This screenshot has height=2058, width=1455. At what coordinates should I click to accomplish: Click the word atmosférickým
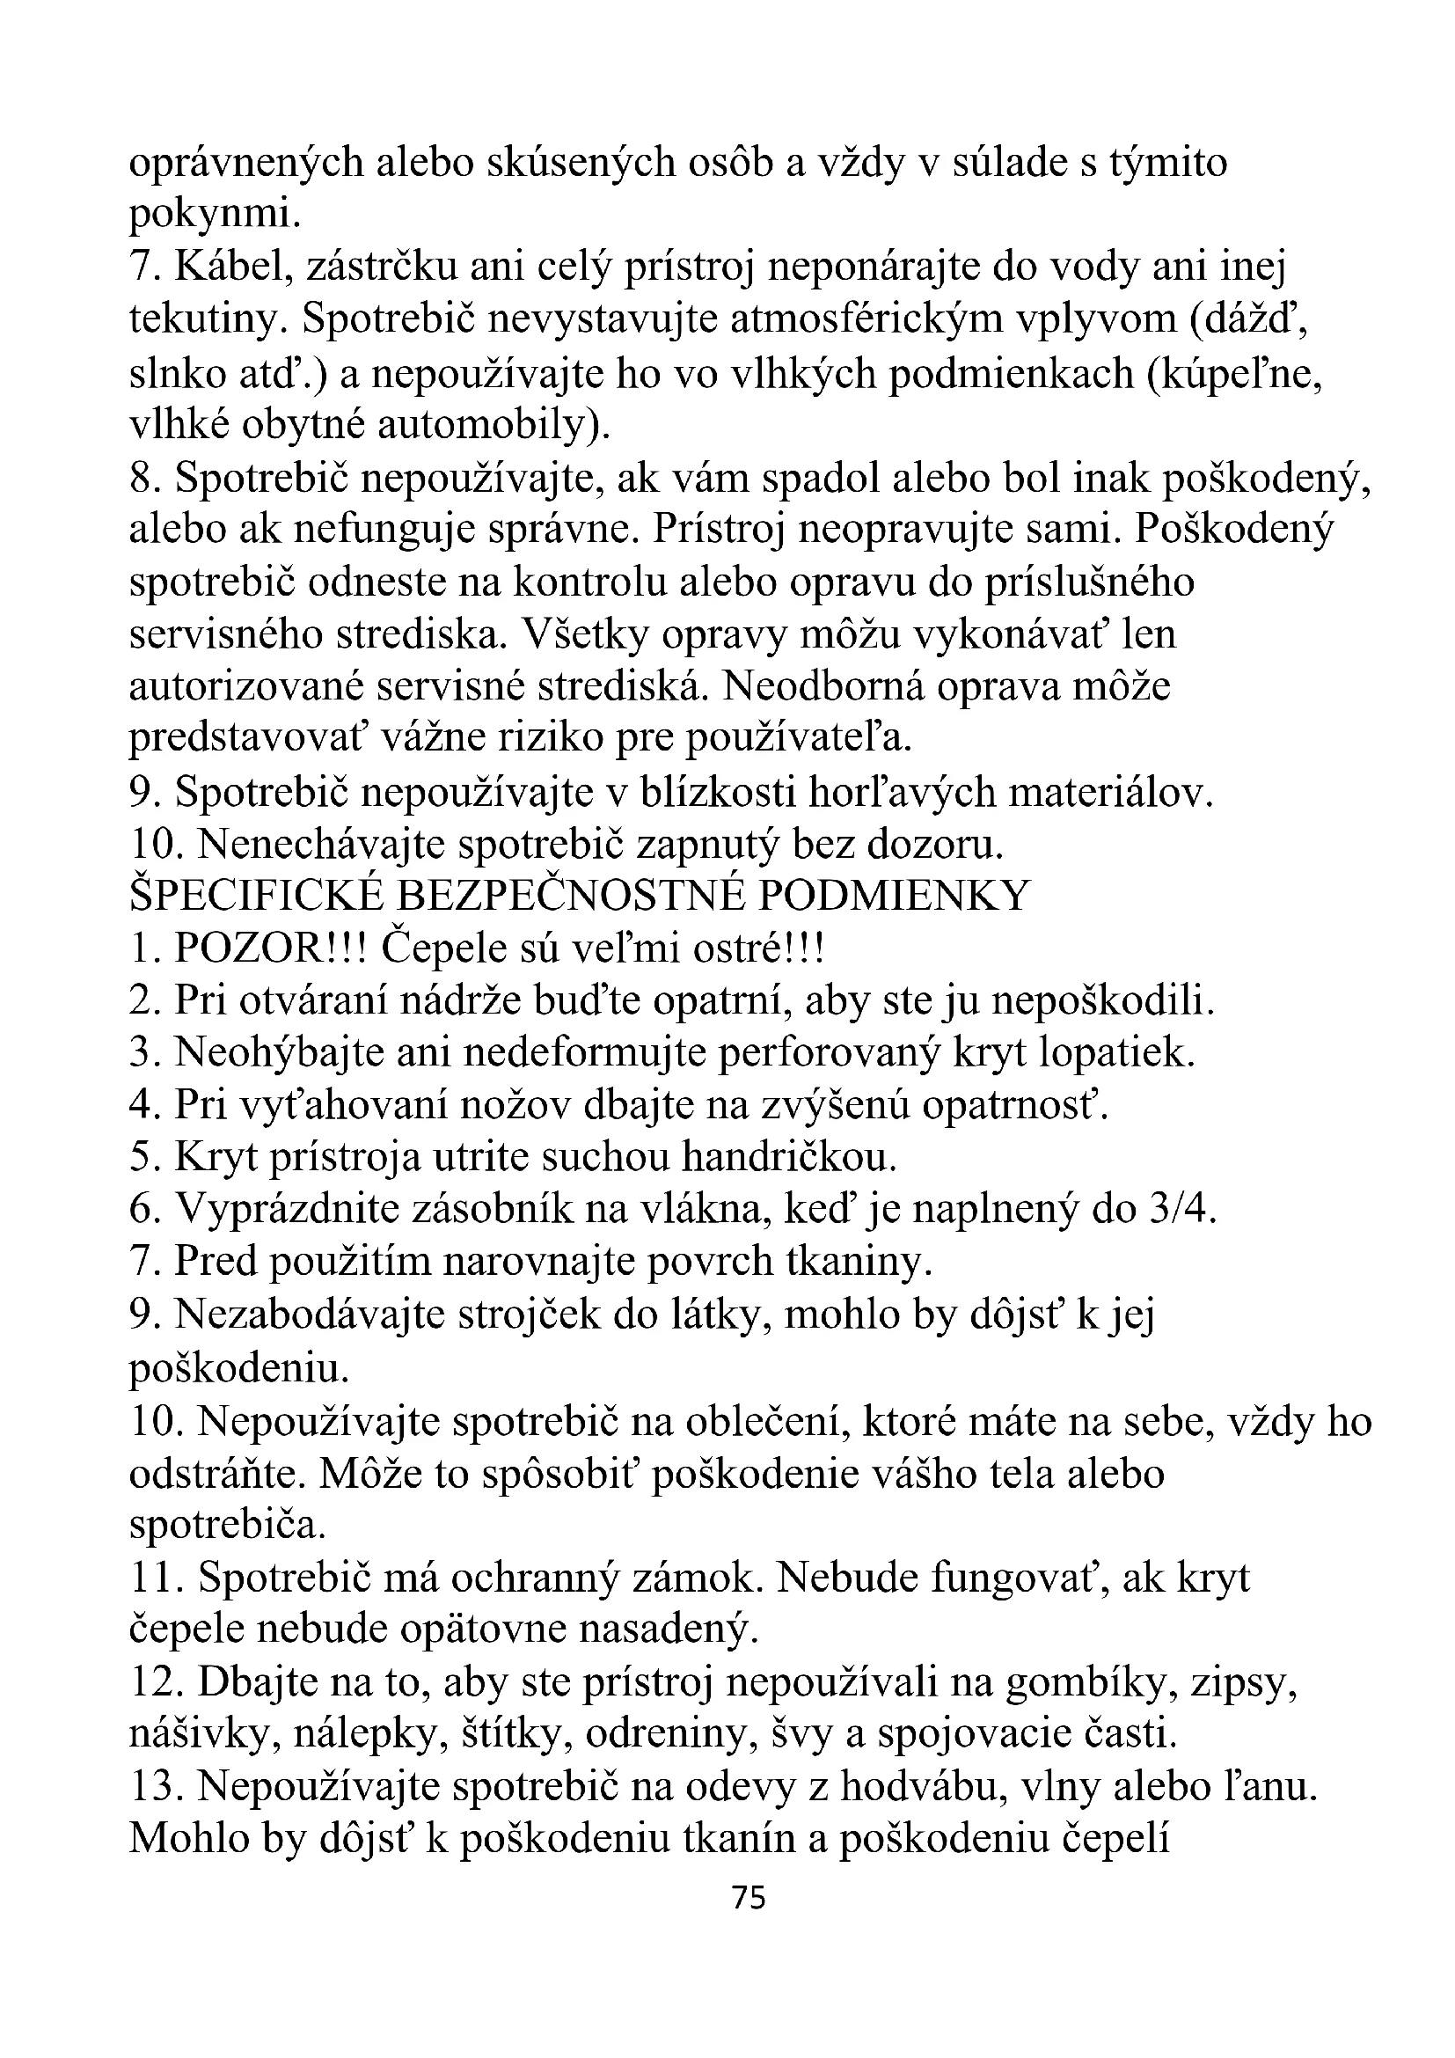pyautogui.click(x=866, y=320)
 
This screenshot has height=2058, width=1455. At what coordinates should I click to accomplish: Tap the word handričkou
pyautogui.click(x=788, y=1157)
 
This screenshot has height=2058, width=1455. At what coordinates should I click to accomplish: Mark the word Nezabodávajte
pyautogui.click(x=309, y=1315)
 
